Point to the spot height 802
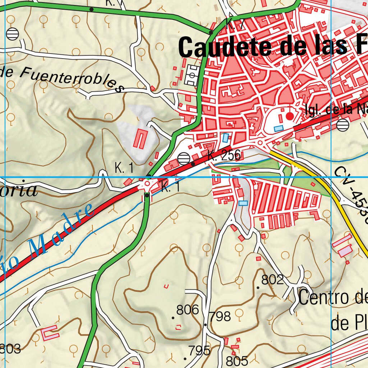tap(273, 280)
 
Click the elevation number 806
tap(188, 310)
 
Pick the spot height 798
tap(220, 317)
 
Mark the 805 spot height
tap(237, 360)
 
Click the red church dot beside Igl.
tap(290, 116)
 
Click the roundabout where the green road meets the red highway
tap(147, 184)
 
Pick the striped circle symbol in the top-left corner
tap(13, 34)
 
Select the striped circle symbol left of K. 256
tap(184, 158)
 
